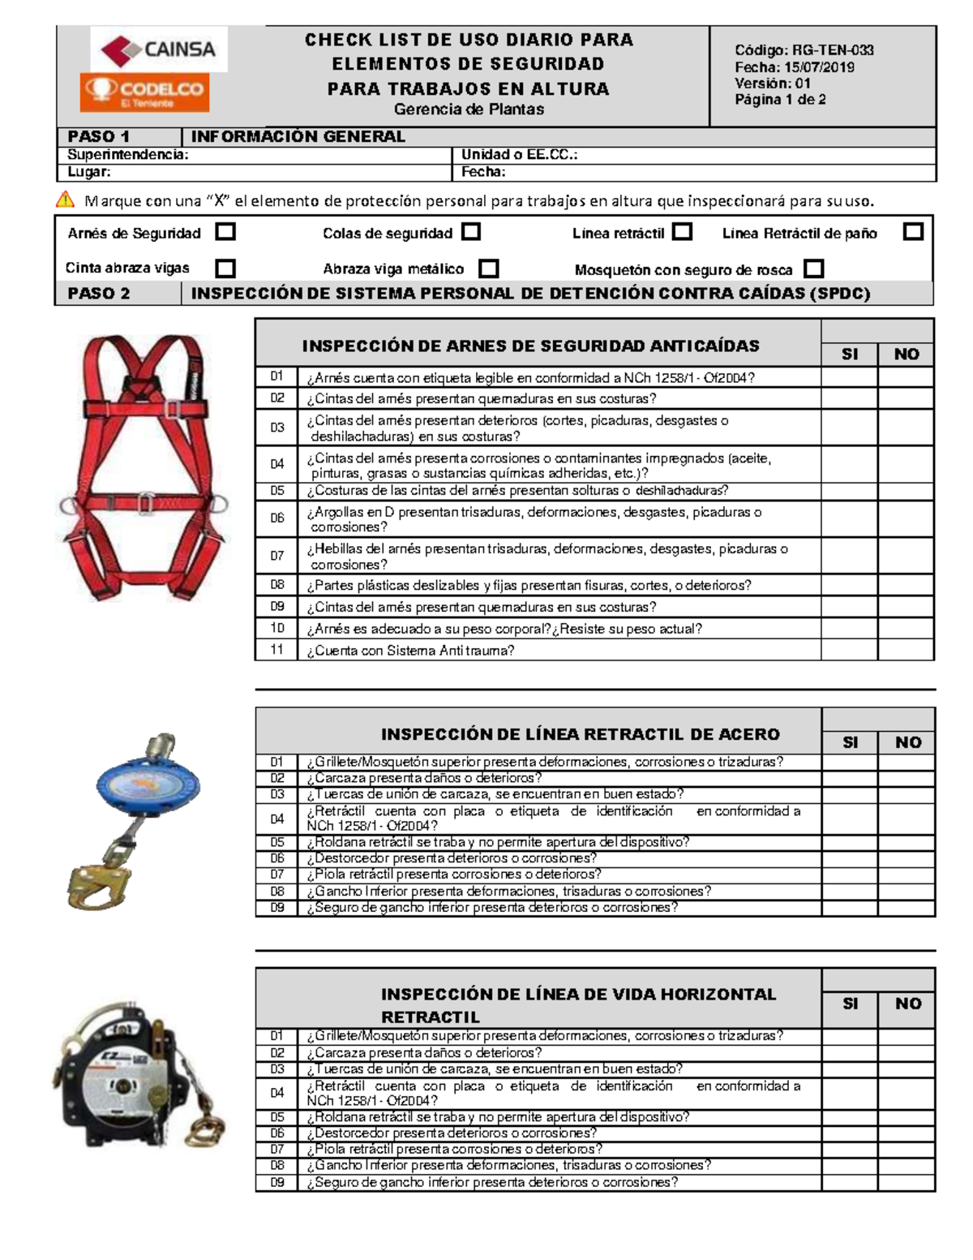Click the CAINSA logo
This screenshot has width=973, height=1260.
[x=159, y=49]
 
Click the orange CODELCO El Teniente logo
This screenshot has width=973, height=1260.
[x=145, y=92]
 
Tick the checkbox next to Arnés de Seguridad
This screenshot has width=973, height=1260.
[x=225, y=232]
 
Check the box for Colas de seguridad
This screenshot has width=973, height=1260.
[x=471, y=232]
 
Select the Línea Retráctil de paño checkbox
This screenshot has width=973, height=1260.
[x=913, y=232]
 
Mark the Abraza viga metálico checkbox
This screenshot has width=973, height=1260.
[x=488, y=269]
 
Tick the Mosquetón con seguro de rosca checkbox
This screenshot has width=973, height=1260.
[x=813, y=269]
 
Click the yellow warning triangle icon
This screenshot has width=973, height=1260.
[x=65, y=200]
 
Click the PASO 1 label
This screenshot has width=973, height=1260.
[x=99, y=136]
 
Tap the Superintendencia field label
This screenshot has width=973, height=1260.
[x=128, y=154]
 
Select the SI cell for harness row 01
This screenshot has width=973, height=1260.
[x=849, y=377]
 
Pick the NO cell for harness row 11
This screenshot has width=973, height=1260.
[x=906, y=650]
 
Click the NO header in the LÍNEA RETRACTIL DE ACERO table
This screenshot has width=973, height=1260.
[x=907, y=742]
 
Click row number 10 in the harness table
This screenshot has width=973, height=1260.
[x=277, y=628]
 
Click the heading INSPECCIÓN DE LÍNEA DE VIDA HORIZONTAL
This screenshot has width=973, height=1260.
[x=578, y=995]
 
